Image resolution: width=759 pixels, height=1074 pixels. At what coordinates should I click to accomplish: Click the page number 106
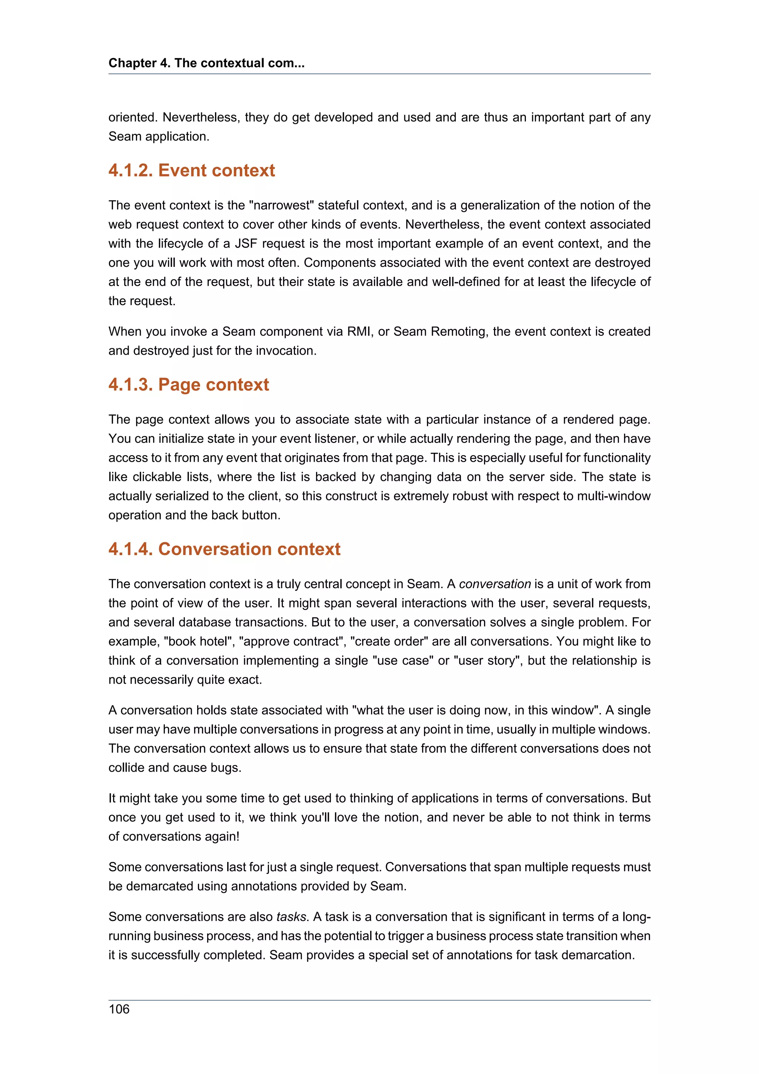(x=119, y=1009)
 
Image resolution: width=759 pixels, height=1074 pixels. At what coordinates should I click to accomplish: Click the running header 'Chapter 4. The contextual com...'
(x=206, y=63)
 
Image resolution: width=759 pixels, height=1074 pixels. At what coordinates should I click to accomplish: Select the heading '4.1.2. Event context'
(x=191, y=170)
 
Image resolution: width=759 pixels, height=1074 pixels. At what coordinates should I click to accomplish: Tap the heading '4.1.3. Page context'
(x=189, y=385)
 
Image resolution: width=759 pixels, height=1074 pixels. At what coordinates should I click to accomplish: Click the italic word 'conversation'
(x=494, y=584)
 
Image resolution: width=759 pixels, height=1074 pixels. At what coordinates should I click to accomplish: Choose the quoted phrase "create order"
(x=388, y=641)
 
